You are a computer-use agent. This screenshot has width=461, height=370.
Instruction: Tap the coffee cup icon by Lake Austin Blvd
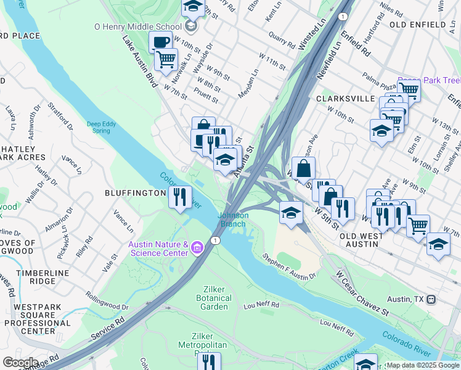[161, 42]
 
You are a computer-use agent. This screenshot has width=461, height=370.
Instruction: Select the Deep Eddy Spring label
[102, 127]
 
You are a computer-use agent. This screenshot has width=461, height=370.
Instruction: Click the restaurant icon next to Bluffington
[179, 197]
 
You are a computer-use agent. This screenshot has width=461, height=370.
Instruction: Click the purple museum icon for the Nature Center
[197, 249]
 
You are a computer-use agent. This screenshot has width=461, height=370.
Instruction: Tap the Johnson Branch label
[234, 220]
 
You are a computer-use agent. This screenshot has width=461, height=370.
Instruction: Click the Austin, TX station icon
[431, 299]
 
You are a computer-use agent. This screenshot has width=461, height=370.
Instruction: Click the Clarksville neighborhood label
[345, 98]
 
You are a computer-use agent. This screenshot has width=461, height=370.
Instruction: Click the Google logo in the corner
[20, 363]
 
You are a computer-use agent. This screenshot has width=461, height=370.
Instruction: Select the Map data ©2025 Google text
[423, 365]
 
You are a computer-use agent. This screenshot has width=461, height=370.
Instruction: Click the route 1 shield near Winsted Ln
[342, 16]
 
